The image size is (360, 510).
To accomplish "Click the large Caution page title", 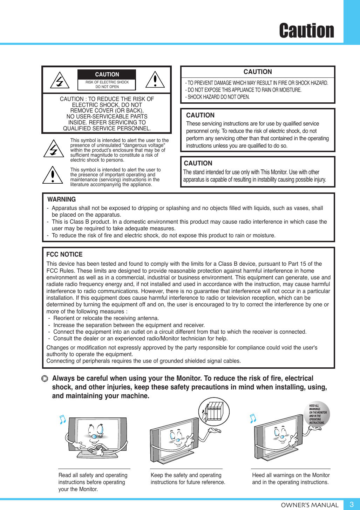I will [306, 30].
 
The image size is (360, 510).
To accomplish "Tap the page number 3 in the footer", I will [351, 504].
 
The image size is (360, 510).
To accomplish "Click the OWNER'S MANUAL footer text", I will [310, 505].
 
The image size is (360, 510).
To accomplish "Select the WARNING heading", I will [61, 199].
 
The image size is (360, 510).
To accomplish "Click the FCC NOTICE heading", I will [64, 254].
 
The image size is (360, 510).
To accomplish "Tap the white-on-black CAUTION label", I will [107, 74].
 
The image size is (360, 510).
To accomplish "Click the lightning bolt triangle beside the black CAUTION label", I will [60, 80].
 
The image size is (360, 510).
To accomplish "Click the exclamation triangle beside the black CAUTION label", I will [155, 80].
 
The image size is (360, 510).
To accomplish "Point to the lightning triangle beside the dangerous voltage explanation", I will [54, 149].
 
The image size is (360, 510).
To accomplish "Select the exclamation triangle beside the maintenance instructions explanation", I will [53, 175].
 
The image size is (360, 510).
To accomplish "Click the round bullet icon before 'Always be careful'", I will [45, 379].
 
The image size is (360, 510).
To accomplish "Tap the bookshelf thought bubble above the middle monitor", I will [214, 412].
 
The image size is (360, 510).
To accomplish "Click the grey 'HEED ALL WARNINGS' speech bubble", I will [317, 414].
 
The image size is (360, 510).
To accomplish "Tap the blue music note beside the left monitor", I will [62, 419].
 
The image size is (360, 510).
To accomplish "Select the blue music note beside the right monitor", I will [253, 418].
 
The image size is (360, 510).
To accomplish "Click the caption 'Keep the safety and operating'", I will [186, 475].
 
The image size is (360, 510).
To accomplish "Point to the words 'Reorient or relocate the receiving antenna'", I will [106, 318].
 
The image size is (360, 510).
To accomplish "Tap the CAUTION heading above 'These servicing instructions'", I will [200, 115].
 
